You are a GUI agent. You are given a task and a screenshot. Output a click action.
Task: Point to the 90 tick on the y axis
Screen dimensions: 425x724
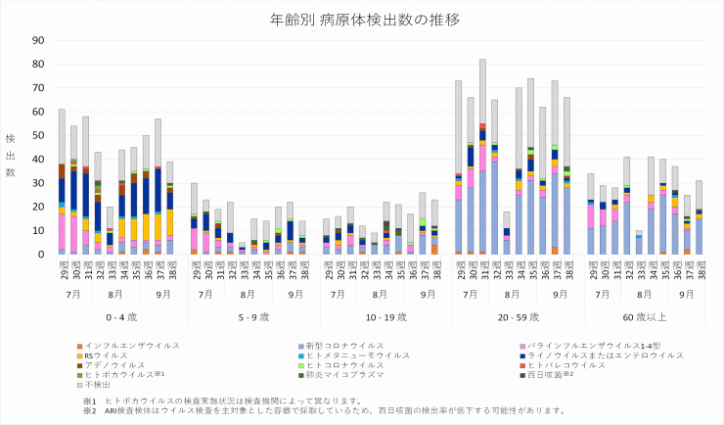(x=39, y=40)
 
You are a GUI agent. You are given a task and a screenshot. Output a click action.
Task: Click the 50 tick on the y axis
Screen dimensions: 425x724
(x=39, y=135)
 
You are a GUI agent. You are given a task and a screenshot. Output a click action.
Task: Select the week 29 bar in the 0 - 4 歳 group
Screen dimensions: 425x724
(x=62, y=181)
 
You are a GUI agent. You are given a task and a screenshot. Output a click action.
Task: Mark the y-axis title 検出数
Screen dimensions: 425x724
(x=11, y=157)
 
